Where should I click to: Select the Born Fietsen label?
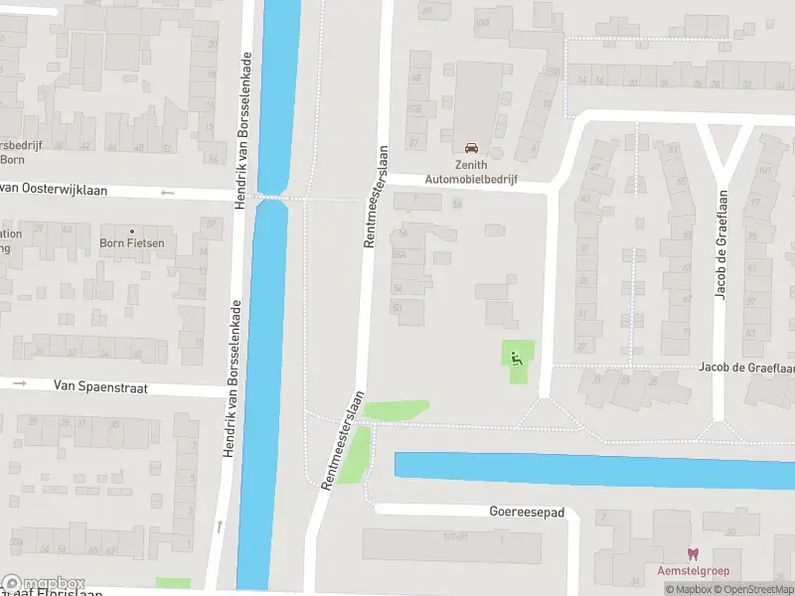132,242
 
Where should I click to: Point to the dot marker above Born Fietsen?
132,230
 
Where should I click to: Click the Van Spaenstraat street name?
100,388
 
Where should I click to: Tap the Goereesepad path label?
527,513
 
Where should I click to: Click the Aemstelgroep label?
693,570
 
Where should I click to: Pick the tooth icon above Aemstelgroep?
693,554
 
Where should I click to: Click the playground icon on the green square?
516,358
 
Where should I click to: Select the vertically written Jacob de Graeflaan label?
721,245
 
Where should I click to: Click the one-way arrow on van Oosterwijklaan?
167,193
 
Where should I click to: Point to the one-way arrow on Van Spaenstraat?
19,382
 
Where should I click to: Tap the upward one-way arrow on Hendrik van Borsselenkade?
220,526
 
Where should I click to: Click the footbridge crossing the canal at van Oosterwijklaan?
271,198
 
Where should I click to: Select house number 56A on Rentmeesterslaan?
400,255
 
